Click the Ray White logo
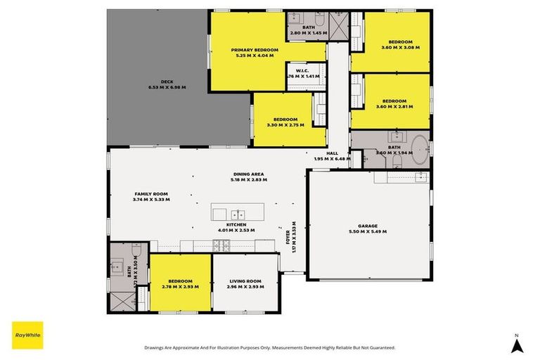tap(27, 335)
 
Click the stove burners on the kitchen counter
tap(221, 245)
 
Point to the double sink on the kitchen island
tap(238, 214)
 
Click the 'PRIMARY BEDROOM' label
tap(255, 50)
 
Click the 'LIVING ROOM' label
tap(245, 281)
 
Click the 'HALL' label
tap(333, 153)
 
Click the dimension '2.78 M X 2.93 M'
tap(180, 287)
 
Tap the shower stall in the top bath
tap(340, 27)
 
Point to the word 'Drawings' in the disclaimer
tap(157, 347)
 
